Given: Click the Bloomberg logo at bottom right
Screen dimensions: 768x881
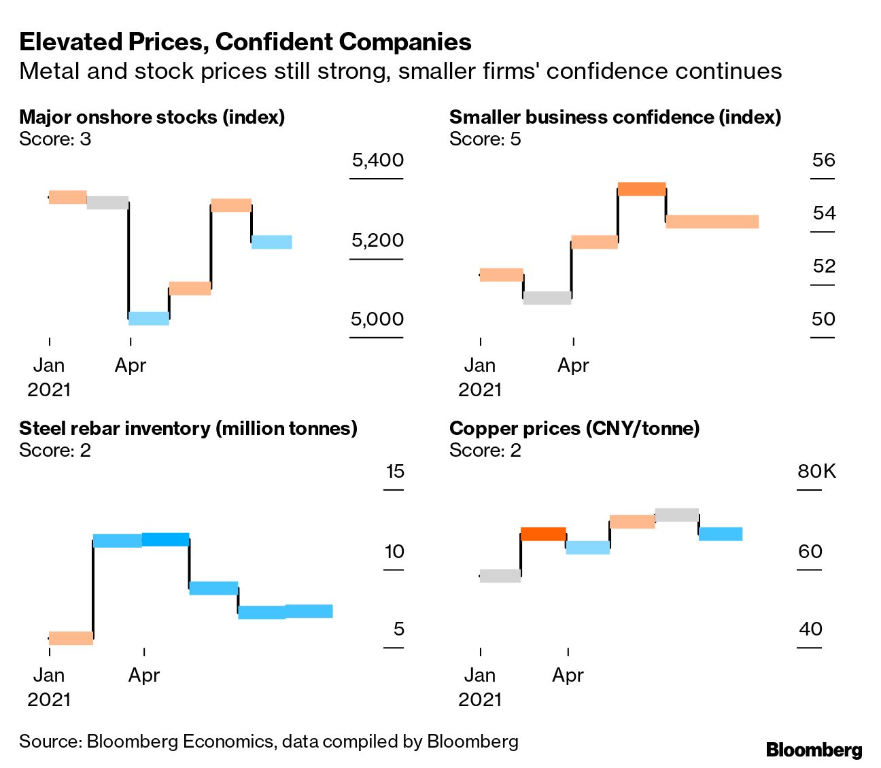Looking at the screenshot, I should click(x=814, y=750).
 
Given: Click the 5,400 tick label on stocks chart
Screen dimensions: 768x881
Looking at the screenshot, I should click(x=377, y=160).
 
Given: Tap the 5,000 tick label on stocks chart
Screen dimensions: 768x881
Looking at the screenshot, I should click(x=377, y=319).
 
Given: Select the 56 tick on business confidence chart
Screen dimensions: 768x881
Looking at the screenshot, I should click(x=823, y=160).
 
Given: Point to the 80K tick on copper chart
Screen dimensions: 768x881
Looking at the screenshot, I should click(x=816, y=471).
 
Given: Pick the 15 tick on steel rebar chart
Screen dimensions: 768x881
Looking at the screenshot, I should click(x=394, y=471).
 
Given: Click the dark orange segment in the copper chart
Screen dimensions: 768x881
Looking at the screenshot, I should click(x=543, y=534).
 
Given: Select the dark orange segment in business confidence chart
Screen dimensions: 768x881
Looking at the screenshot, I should click(x=641, y=189).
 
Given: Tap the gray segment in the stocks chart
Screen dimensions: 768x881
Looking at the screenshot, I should click(x=107, y=203).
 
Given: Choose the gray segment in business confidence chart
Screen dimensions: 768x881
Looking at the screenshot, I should click(x=547, y=298).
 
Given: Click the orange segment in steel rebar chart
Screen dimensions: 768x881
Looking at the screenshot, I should click(x=71, y=638).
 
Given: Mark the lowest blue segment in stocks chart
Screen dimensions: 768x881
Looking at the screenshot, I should click(x=149, y=318).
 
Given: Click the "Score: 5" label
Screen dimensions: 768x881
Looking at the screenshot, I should click(x=485, y=139).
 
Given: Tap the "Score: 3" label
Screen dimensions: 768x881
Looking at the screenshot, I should click(x=54, y=139).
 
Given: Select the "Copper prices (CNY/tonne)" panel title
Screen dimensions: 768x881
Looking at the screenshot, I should click(x=574, y=428).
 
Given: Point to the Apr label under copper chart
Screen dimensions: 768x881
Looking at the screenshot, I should click(x=568, y=675).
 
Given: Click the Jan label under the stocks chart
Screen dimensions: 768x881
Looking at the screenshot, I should click(x=49, y=366).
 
